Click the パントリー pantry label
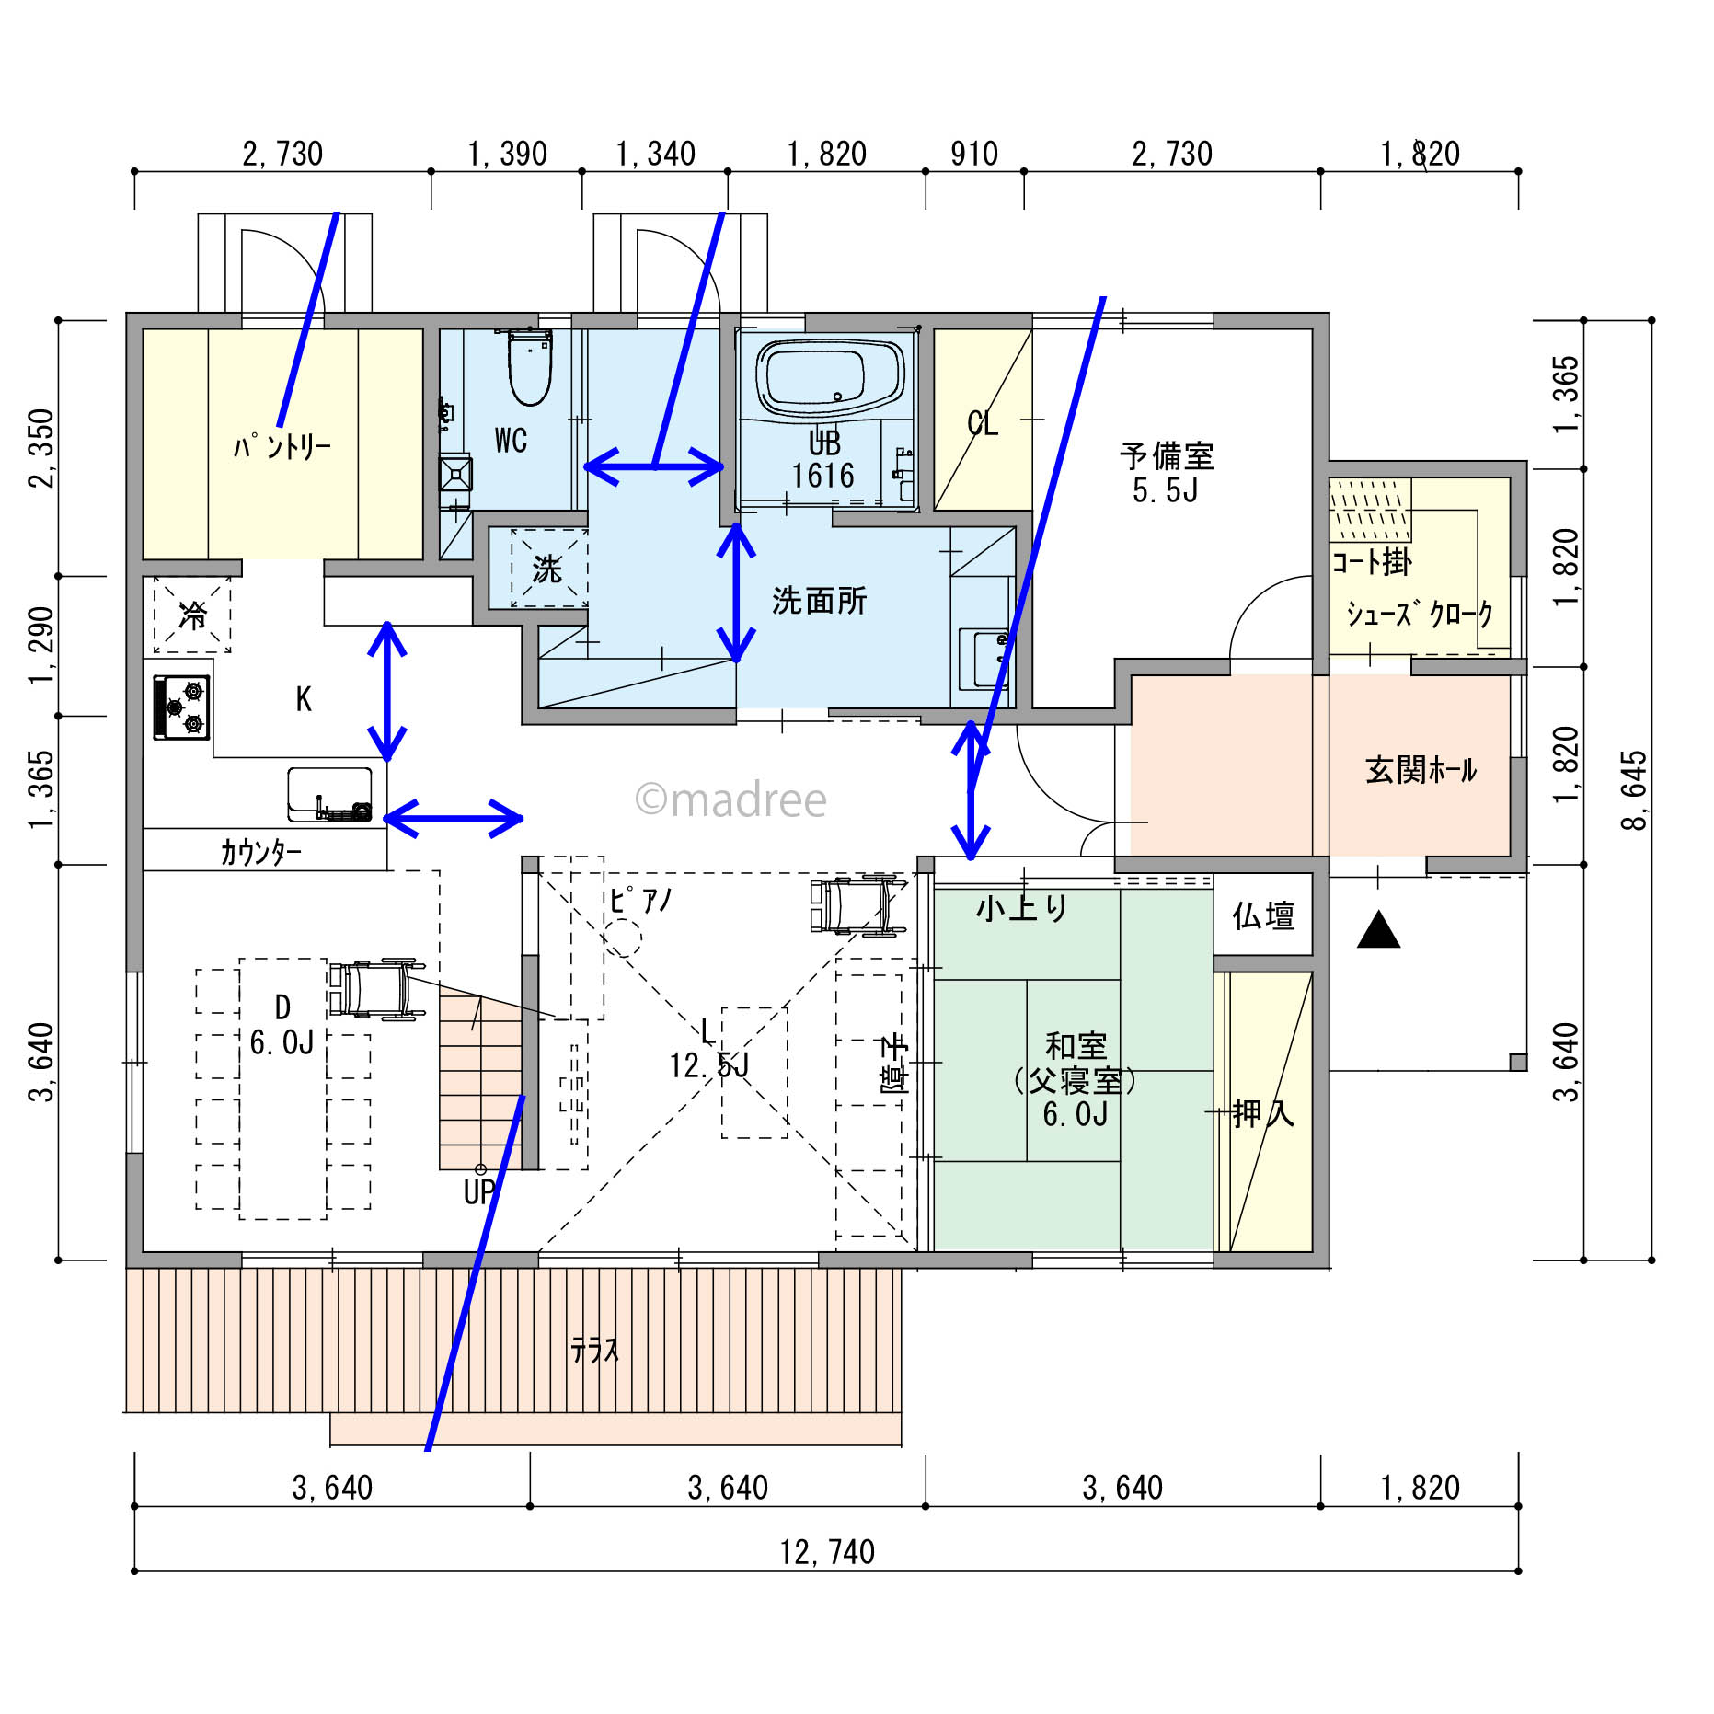tap(282, 448)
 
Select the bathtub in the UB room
tap(827, 376)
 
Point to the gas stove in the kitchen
tap(182, 707)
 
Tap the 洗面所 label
tap(819, 602)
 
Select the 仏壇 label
tap(1263, 916)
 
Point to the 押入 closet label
tap(1263, 1114)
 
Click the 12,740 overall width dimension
tap(827, 1553)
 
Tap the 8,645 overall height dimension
tap(1634, 790)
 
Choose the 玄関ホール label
tap(1421, 770)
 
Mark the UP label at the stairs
tap(479, 1192)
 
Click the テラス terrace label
tap(594, 1351)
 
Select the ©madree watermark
tap(731, 800)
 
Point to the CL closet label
tap(983, 424)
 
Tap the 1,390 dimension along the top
tap(507, 155)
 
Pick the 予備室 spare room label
tap(1167, 456)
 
